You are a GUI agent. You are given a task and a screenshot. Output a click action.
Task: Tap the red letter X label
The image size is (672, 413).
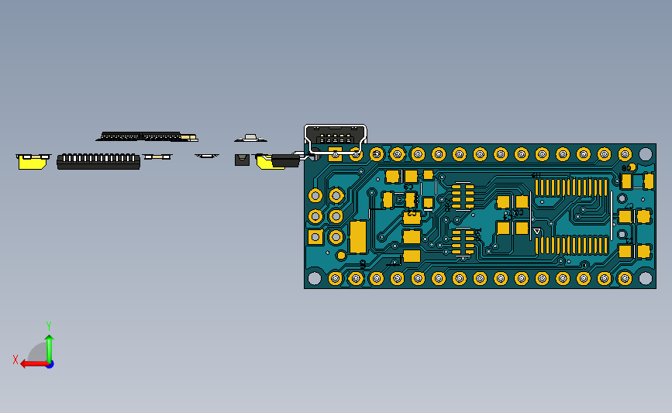[16, 360]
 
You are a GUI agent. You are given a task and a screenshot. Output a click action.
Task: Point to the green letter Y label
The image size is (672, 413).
[48, 326]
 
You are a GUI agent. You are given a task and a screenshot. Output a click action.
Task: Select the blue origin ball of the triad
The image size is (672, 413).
[49, 363]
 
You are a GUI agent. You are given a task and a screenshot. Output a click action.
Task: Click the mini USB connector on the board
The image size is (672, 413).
[336, 138]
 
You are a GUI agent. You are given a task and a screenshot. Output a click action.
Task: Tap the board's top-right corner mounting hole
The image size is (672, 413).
[645, 155]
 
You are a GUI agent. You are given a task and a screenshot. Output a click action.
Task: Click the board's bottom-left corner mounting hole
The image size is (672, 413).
[314, 277]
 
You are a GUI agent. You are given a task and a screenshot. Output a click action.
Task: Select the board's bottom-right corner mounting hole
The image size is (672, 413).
[645, 278]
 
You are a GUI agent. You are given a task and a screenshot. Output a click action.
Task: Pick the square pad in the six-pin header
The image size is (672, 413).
[315, 237]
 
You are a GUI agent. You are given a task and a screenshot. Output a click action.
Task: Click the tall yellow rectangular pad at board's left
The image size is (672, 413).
[357, 237]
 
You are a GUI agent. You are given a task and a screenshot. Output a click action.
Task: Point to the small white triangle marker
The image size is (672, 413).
[536, 231]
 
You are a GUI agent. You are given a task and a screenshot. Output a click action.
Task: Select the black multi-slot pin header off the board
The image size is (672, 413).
[98, 161]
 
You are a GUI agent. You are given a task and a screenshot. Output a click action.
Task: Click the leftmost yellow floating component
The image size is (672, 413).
[33, 161]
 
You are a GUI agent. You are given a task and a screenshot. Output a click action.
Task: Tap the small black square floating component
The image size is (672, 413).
[242, 160]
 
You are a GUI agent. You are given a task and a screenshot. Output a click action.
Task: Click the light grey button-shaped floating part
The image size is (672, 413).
[250, 138]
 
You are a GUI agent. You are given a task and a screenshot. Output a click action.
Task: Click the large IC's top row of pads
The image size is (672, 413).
[571, 187]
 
